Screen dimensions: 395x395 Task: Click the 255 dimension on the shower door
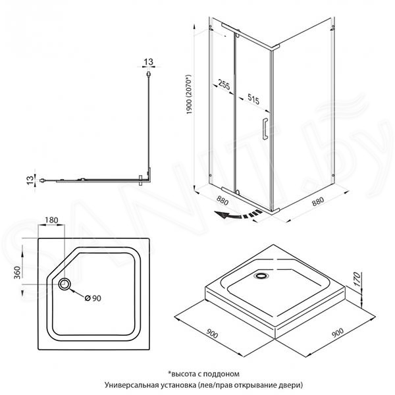coord(224,84)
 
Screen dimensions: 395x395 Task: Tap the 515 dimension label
coord(253,99)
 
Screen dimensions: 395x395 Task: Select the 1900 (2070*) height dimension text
coord(189,94)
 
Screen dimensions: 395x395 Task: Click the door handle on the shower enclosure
coord(265,128)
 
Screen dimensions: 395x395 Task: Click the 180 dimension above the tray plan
coord(51,220)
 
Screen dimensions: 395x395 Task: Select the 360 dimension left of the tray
coord(17,273)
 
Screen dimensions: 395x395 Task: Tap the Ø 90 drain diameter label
coord(93,298)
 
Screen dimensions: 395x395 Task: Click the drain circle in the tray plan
coord(65,284)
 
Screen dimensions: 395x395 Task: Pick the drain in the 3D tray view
coord(261,276)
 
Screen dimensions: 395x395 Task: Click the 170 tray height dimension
coord(357,279)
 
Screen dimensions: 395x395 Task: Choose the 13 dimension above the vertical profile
coord(148,62)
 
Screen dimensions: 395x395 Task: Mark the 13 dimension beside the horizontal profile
coord(30,180)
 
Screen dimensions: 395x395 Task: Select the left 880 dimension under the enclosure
coord(223,201)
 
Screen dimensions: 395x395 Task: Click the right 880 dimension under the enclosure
coord(318,201)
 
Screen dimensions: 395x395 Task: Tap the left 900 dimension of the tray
coord(212,333)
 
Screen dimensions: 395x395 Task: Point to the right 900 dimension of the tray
coord(338,332)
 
